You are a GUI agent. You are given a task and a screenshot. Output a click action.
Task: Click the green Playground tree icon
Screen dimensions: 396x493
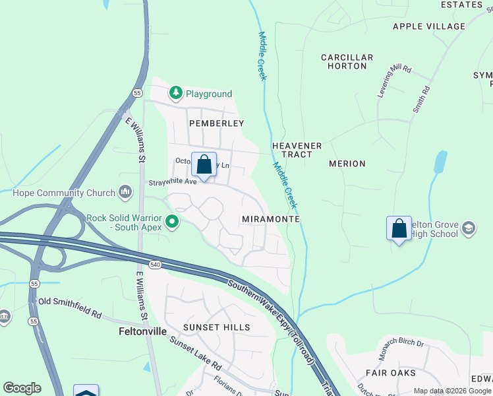175,94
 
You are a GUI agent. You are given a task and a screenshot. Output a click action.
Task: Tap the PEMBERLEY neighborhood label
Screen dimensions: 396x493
216,123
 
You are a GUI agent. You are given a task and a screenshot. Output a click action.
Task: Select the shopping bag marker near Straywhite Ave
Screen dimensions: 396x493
204,165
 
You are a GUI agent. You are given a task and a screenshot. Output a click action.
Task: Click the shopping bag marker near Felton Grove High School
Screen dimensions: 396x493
399,229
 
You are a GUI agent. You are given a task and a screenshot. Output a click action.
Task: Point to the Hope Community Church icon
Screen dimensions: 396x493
125,193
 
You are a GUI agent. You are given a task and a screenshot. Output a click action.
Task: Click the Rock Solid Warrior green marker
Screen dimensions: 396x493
172,222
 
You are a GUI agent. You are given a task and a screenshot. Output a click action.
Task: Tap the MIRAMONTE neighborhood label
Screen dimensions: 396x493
271,218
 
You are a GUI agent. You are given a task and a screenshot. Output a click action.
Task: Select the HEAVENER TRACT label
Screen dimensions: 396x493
297,150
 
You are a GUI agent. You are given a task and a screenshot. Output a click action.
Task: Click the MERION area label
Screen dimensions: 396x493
347,164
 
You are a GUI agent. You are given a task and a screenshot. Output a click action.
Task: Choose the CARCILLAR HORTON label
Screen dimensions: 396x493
347,62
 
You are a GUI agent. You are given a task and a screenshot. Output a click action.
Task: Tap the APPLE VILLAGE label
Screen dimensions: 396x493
428,26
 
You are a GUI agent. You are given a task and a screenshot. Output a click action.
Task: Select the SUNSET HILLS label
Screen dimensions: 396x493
216,327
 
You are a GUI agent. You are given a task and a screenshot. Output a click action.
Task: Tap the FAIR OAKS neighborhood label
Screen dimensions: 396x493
401,373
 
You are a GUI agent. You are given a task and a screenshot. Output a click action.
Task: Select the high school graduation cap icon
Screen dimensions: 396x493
468,229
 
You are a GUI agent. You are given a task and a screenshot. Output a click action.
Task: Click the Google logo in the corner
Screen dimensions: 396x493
22,388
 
